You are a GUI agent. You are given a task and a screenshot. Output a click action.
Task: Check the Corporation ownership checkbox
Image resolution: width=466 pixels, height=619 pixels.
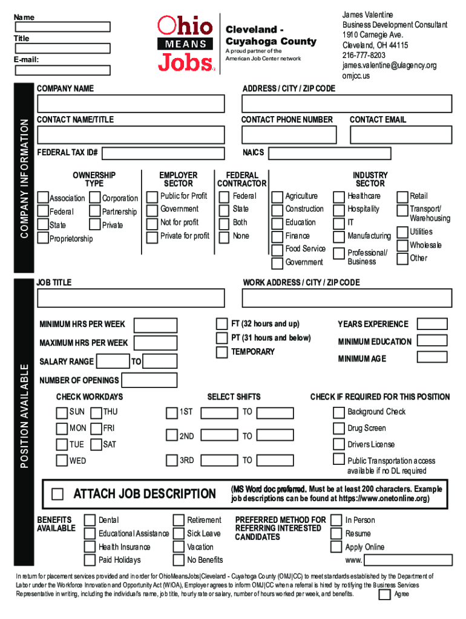pos(95,198)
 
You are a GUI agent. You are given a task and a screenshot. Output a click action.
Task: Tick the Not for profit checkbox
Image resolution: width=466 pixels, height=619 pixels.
pos(153,222)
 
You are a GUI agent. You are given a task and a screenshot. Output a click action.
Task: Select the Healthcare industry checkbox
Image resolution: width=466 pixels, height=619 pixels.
pos(339,196)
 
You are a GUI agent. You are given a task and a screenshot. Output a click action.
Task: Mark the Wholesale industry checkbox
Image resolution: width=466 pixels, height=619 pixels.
pos(402,245)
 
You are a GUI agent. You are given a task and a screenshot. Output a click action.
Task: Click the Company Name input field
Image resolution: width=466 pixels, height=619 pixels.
pos(131,103)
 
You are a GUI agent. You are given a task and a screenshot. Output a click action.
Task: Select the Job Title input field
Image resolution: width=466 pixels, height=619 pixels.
pos(131,298)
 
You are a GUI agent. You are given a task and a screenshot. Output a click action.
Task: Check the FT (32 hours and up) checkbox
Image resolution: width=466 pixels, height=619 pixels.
pos(222,324)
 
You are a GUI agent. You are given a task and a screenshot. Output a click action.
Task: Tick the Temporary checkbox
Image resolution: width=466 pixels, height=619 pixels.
pos(222,352)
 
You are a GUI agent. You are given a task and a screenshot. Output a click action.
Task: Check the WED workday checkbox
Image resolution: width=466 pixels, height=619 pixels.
pos(61,461)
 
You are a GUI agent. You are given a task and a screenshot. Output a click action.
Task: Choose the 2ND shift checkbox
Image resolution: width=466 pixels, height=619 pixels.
pos(172,435)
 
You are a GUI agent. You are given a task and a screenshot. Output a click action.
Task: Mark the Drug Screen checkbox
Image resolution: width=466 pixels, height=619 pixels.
pos(338,429)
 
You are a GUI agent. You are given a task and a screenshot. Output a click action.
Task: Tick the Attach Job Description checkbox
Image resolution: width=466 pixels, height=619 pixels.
pos(57,494)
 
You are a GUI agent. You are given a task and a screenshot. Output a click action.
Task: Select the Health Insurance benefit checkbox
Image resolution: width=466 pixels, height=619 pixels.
pos(90,547)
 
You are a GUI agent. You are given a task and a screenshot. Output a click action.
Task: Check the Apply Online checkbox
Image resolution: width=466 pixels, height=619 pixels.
pos(336,547)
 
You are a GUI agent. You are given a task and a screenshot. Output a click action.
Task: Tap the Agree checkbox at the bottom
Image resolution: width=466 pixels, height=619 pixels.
pos(384,595)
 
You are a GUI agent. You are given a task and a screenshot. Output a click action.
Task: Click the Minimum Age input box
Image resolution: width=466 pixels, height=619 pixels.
pos(432,357)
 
